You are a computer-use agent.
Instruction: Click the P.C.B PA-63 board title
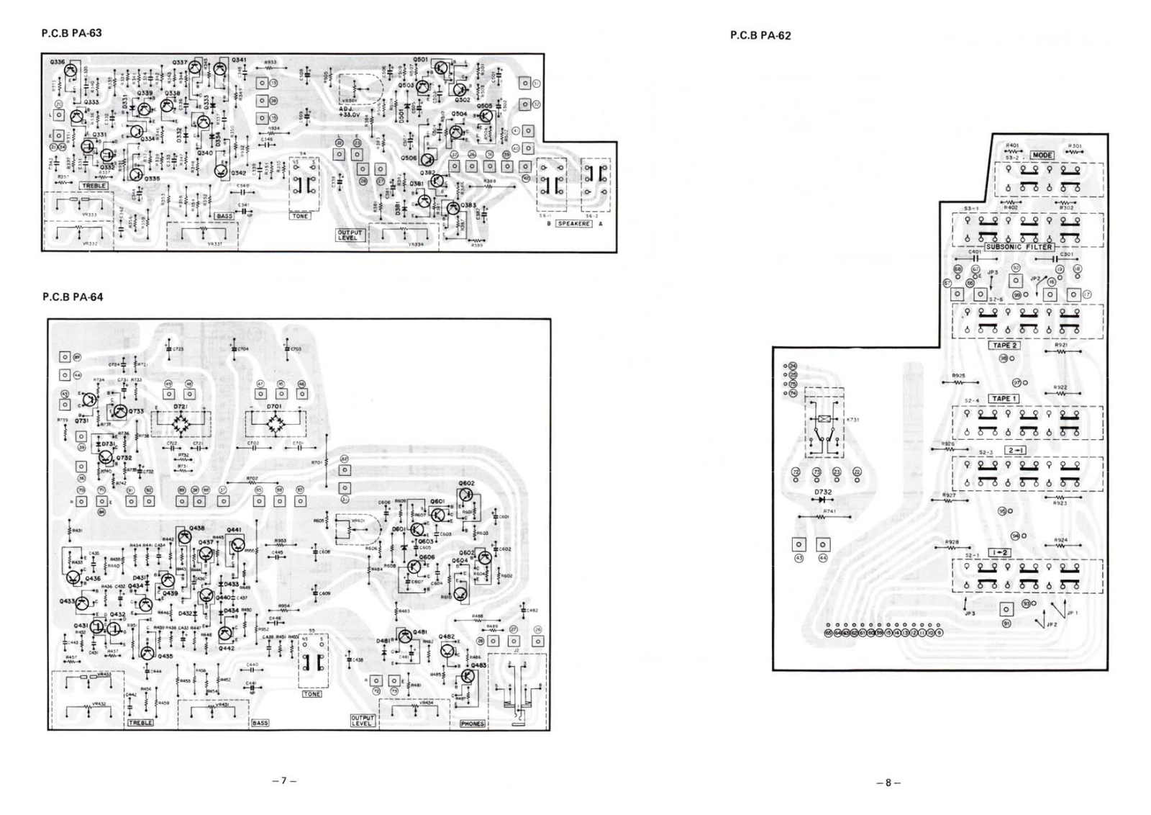(x=72, y=33)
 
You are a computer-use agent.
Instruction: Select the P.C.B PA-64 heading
(x=73, y=297)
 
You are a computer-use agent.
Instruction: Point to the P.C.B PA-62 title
(x=760, y=35)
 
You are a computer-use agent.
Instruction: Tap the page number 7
(x=285, y=780)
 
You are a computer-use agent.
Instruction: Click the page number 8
(x=888, y=783)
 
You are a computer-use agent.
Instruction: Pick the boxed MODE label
(x=1042, y=156)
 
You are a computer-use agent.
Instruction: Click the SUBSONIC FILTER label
(x=1019, y=247)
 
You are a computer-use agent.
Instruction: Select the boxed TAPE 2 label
(x=1005, y=346)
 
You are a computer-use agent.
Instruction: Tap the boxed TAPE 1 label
(x=1004, y=399)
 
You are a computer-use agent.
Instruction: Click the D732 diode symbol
(x=822, y=500)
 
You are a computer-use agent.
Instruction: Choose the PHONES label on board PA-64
(x=472, y=724)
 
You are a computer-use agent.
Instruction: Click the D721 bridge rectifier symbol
(x=189, y=424)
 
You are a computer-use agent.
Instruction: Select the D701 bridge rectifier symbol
(x=275, y=424)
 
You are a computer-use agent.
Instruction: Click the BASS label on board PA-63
(x=224, y=216)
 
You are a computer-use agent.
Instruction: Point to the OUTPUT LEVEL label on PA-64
(x=363, y=720)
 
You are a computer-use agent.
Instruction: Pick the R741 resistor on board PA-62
(x=824, y=517)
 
